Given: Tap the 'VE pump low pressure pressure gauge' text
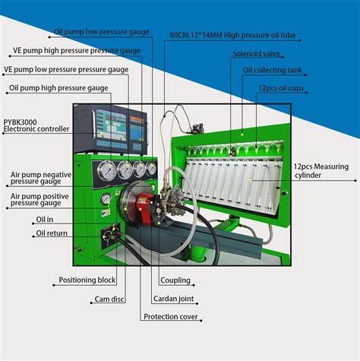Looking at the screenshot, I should tap(65, 69).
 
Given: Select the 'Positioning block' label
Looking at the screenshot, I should tap(88, 280).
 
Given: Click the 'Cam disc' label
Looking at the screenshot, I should tap(111, 299).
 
